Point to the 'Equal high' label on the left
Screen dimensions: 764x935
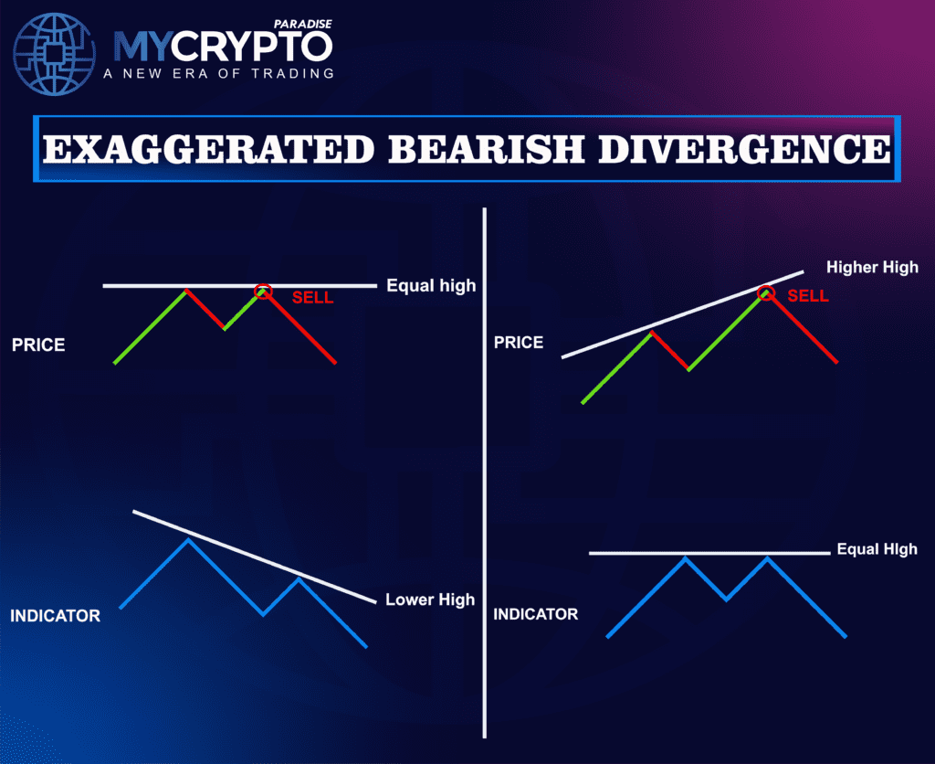click(x=431, y=285)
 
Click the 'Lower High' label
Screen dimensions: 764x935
click(x=430, y=600)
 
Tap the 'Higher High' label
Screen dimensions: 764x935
click(x=872, y=268)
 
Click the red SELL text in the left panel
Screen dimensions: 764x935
click(x=313, y=298)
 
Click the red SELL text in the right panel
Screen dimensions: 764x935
click(x=808, y=295)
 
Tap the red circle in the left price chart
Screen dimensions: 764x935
click(x=263, y=292)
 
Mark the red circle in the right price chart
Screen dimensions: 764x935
click(x=767, y=293)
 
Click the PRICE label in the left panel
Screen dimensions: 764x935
click(x=38, y=346)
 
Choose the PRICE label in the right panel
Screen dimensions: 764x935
click(x=519, y=343)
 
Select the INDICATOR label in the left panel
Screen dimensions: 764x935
click(x=55, y=615)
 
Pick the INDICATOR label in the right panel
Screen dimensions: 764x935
click(x=536, y=614)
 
